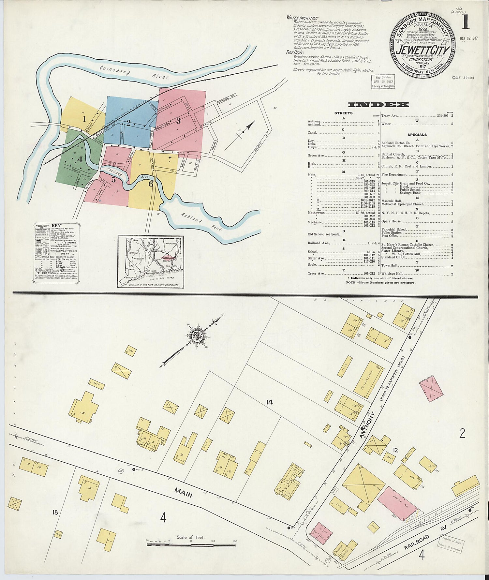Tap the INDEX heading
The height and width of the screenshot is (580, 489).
pos(378,105)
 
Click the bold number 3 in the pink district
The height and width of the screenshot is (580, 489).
pos(178,121)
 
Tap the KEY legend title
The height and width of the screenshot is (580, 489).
pos(56,225)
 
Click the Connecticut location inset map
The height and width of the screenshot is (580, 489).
pos(150,262)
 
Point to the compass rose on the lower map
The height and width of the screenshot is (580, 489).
pos(197,337)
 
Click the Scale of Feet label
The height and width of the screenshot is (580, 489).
pos(191,537)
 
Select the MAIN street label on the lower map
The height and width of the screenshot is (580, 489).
pos(183,492)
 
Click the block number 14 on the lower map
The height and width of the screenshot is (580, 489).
pos(269,402)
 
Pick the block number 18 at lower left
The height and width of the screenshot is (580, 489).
pos(55,512)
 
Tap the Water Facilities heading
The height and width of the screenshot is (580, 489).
pos(303,18)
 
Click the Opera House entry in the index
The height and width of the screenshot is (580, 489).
pos(391,221)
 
